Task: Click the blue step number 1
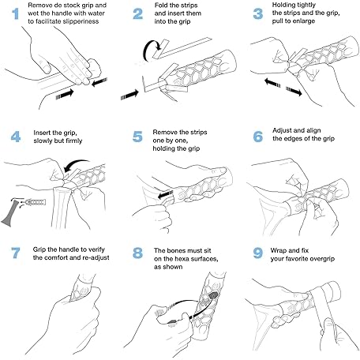coord(16,13)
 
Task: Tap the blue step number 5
coord(137,137)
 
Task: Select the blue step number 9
coord(258,253)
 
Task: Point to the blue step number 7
coord(16,253)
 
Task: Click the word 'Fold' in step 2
coord(161,6)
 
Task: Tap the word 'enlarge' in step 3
coord(304,21)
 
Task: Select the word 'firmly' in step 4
coord(74,141)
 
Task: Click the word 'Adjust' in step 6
coord(282,130)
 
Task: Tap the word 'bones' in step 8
coord(177,250)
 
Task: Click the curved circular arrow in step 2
coord(144,50)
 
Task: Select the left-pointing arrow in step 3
coord(272,82)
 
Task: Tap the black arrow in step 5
coord(166,195)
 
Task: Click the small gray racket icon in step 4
coord(9,213)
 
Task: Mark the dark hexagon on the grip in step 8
coord(213,295)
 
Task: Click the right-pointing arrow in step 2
coord(129,95)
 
